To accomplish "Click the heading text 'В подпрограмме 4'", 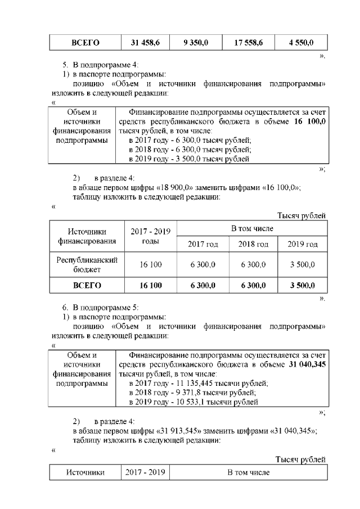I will pos(105,65).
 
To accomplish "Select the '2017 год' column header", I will pos(203,244).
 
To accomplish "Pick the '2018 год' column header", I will pos(253,244).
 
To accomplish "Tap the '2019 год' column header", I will pos(302,244).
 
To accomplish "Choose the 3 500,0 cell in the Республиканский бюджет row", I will pos(302,264).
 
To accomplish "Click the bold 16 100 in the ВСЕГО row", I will pos(150,286).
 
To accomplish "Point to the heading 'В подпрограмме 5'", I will pos(105,308).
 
